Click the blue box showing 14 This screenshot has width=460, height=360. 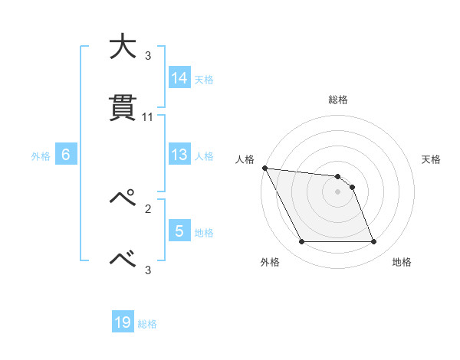[x=179, y=78]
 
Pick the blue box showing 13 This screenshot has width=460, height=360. [x=179, y=155]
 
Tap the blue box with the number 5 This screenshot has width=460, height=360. [x=179, y=231]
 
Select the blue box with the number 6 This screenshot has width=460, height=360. [x=65, y=155]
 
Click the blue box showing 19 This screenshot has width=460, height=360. [x=123, y=323]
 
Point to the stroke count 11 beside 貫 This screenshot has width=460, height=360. [x=148, y=117]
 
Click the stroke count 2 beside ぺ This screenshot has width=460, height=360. [x=148, y=208]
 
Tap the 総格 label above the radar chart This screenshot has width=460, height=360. [x=338, y=100]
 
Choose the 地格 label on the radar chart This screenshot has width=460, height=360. [x=402, y=263]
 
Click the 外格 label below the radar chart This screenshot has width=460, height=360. [x=270, y=263]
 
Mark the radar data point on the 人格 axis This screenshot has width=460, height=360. [x=264, y=168]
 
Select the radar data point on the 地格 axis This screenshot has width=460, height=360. [x=374, y=242]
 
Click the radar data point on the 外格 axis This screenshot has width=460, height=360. [x=301, y=242]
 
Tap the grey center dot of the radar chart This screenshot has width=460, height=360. [x=338, y=191]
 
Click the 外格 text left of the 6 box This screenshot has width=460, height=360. [x=41, y=155]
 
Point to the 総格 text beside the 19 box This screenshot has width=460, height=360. [x=147, y=324]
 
